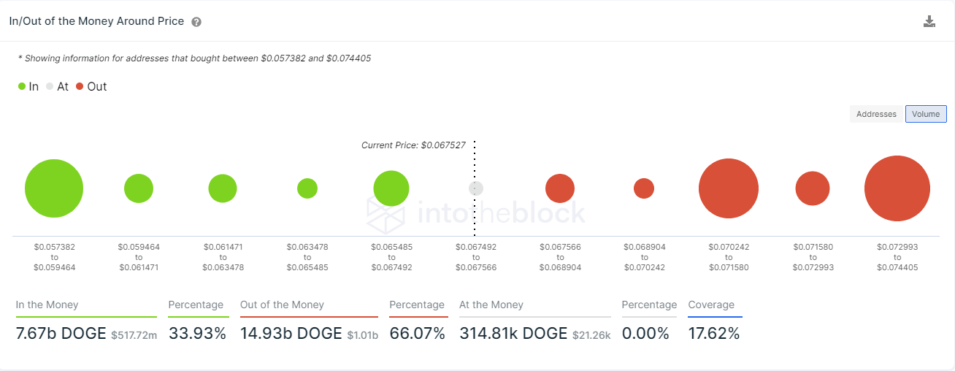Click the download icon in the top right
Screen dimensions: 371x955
click(929, 21)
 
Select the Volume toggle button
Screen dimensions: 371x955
click(926, 114)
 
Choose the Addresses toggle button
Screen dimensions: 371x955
click(876, 114)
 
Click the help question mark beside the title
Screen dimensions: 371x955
click(196, 22)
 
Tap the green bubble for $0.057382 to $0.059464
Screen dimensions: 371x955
click(54, 188)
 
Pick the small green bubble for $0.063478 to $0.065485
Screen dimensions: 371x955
click(307, 188)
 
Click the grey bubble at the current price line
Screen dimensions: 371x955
click(476, 188)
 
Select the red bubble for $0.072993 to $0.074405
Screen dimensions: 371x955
click(897, 188)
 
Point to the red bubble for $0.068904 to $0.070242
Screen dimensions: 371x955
click(644, 188)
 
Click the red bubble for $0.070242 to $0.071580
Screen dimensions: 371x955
click(729, 188)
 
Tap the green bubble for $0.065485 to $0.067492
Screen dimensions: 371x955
click(391, 188)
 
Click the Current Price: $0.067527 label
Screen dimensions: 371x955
click(413, 145)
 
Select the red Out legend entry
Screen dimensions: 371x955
click(91, 86)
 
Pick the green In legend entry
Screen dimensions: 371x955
click(28, 86)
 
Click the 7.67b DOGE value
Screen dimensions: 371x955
click(61, 334)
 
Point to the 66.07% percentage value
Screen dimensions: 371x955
click(417, 334)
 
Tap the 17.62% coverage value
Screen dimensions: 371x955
click(713, 334)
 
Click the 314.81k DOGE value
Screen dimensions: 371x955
click(513, 334)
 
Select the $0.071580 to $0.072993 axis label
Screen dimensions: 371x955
click(813, 257)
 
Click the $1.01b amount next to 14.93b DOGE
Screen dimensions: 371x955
click(363, 335)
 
